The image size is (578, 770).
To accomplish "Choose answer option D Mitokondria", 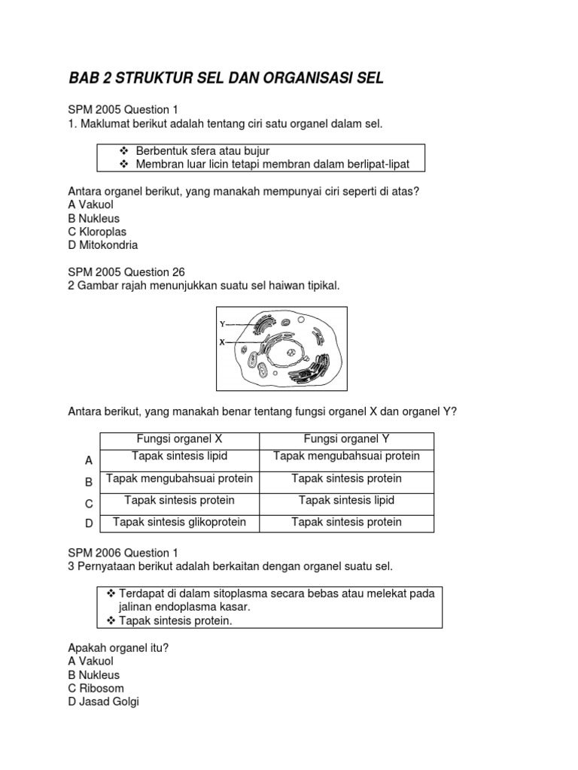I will (x=102, y=245).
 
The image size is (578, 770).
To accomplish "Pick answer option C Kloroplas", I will (x=97, y=232).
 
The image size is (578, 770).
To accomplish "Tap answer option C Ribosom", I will (x=96, y=688).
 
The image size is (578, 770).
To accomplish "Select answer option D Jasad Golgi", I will (x=103, y=702).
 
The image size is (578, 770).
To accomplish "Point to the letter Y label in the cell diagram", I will (x=222, y=324).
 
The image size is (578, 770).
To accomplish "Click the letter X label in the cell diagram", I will (x=222, y=341).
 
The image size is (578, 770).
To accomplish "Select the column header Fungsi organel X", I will (x=179, y=439).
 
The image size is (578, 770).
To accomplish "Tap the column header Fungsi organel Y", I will (x=346, y=439).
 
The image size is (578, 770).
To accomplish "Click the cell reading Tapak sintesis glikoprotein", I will (x=179, y=522).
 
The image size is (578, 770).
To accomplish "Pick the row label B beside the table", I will (x=89, y=482).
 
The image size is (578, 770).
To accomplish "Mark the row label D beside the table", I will (x=89, y=523).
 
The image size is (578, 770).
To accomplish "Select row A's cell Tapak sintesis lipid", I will (x=179, y=456).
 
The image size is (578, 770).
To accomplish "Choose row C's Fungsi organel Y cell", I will (x=346, y=500).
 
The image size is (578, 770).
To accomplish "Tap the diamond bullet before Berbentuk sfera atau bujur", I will (x=124, y=151).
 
